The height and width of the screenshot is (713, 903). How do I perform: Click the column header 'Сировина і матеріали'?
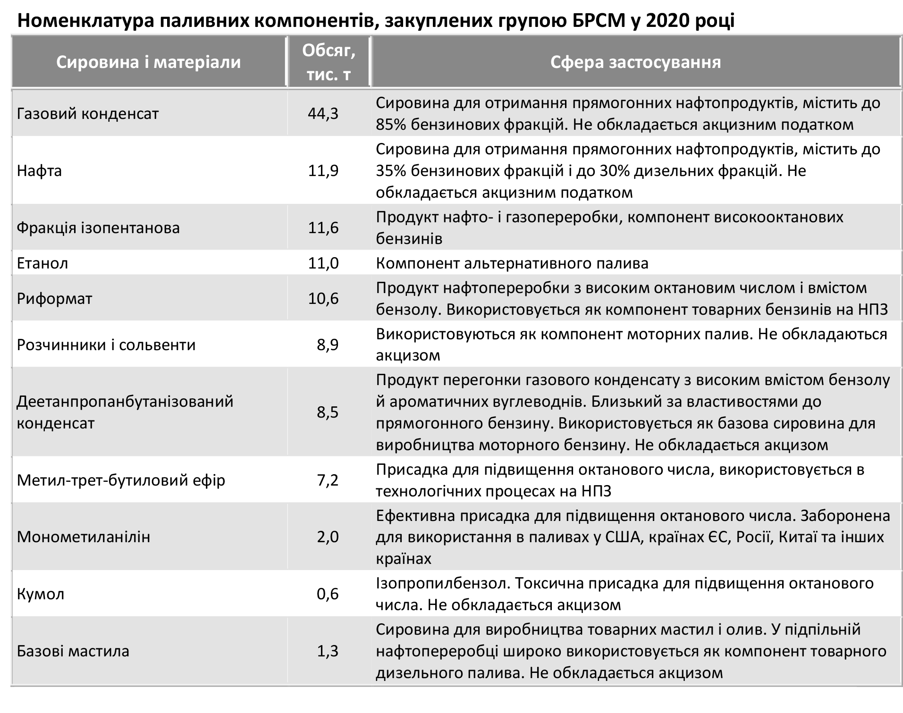coord(148,62)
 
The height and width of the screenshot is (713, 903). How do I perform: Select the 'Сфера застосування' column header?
coord(635,62)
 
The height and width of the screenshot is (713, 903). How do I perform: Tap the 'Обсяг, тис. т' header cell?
coord(329,62)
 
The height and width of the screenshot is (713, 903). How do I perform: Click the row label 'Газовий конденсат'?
coord(88,114)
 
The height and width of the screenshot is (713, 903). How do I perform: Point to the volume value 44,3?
coord(323,114)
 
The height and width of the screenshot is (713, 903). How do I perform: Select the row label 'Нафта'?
coord(40,170)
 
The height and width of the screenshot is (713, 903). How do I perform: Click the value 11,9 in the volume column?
coord(323,170)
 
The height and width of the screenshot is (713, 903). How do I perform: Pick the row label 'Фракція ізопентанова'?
coord(98,228)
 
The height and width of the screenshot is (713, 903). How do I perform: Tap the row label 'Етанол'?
coord(42,263)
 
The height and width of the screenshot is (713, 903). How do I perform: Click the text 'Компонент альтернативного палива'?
coord(512,263)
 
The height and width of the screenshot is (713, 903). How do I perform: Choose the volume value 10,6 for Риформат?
coord(323,298)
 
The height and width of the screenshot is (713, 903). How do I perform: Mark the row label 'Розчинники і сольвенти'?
coord(106,344)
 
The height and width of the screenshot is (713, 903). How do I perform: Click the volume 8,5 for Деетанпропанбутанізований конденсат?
coord(328,412)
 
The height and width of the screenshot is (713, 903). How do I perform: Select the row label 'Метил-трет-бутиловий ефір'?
coord(121,480)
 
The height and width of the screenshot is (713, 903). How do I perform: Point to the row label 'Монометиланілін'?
coord(84,537)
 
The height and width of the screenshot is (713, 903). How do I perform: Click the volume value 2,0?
coord(328,537)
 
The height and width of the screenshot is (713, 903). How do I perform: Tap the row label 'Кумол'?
coord(41,594)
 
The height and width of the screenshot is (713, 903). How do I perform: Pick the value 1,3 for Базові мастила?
coord(328,651)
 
